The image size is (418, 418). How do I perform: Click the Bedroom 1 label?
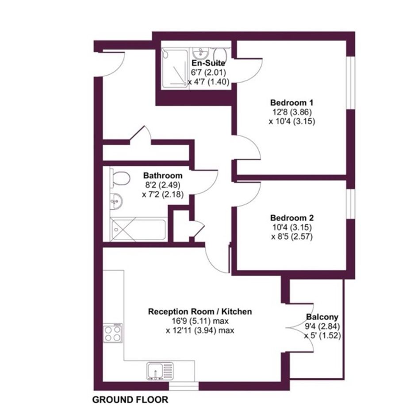pos(291,103)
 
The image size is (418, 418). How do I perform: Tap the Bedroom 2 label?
pos(291,218)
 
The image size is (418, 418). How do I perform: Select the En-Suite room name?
pos(208,63)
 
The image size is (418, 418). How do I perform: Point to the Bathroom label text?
pos(163,176)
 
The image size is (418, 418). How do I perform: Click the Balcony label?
pos(322,317)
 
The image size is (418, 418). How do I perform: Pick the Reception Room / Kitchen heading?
pos(200,311)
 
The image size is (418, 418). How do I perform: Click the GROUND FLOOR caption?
pos(130,399)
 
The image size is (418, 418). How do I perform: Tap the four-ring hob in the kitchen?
pos(113,333)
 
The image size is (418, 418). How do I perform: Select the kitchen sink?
pos(160,371)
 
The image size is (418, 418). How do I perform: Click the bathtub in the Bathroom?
pos(139,230)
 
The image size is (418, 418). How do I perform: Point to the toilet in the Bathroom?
pos(120,178)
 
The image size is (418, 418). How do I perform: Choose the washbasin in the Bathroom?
pos(116,200)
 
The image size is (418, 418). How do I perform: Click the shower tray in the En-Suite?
pos(174,68)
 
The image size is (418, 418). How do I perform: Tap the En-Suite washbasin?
pos(200,54)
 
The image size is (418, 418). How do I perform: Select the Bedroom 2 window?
pos(351,204)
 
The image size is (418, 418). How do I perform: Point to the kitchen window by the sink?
pos(184,386)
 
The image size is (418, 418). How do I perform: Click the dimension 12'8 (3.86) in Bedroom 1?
pos(291,112)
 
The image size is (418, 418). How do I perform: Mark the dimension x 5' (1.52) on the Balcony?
pos(322,336)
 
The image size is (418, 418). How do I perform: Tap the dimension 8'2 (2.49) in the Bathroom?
pos(163,185)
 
